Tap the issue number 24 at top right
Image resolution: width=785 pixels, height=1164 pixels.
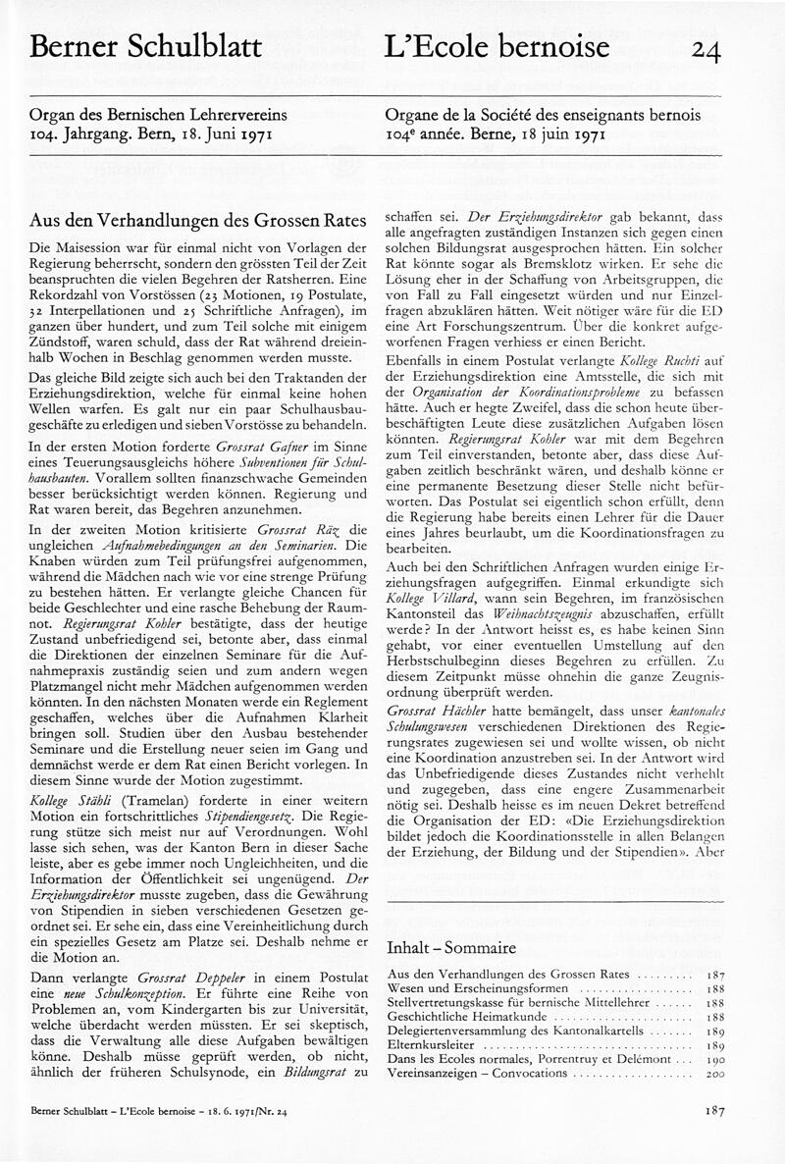pos(706,49)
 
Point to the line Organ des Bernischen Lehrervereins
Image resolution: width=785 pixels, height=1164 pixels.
pos(154,114)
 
